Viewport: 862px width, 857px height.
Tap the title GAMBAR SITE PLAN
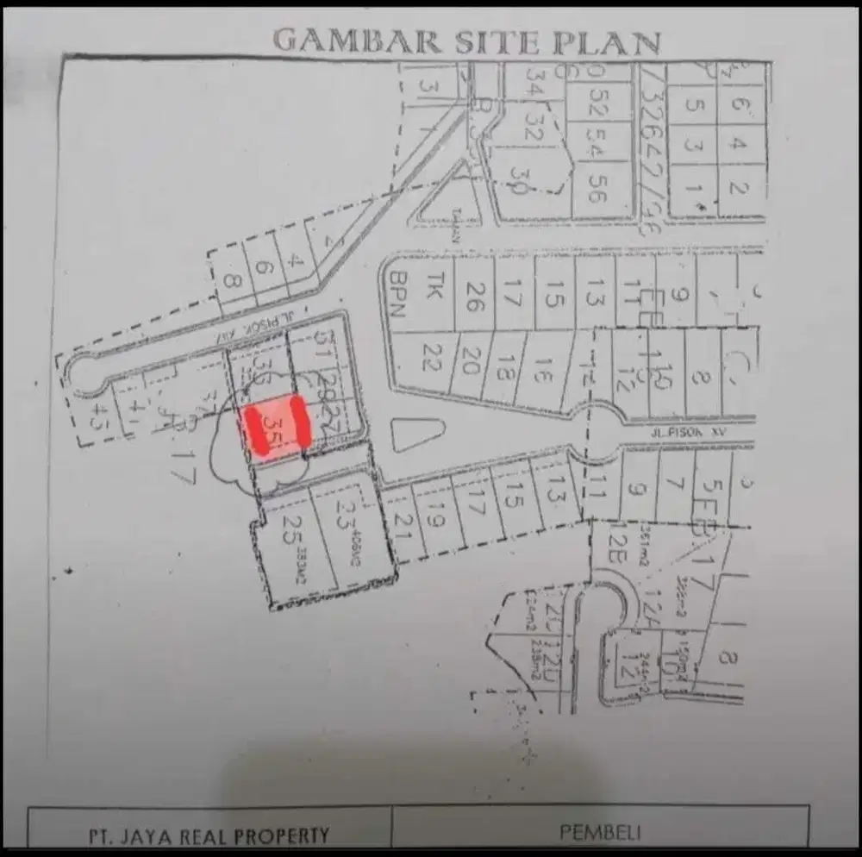tap(467, 41)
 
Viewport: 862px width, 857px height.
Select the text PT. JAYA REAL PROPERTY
tap(209, 835)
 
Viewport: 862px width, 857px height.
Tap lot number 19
tap(434, 515)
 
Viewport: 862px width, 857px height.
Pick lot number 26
tap(475, 297)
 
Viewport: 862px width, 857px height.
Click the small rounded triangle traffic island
tap(417, 435)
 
